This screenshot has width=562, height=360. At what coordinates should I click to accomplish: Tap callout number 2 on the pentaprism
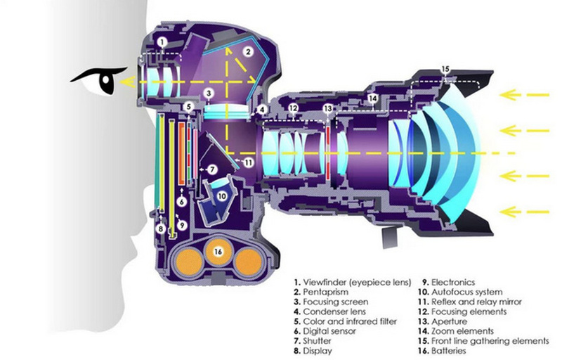247,51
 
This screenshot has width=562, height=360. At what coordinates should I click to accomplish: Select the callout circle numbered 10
221,196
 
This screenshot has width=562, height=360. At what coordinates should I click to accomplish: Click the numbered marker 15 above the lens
445,69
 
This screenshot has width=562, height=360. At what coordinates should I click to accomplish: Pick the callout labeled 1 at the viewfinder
162,42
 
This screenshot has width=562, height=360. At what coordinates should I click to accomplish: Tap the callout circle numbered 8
161,229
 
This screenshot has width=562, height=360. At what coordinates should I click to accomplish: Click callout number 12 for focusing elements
294,108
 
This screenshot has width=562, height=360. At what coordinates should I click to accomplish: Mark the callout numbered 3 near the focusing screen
209,94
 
